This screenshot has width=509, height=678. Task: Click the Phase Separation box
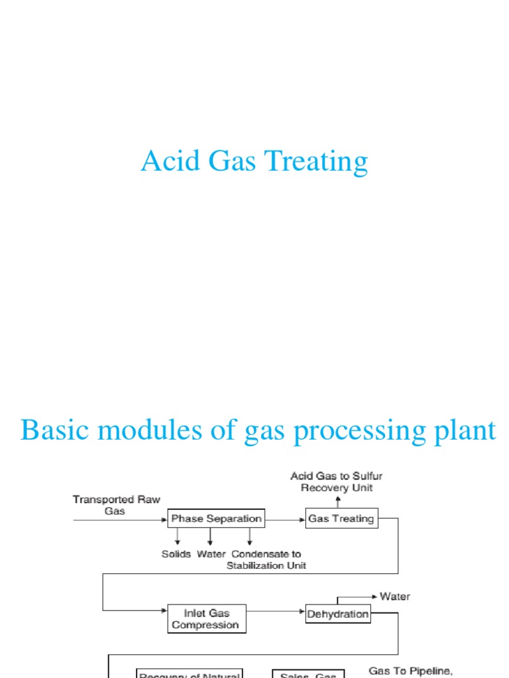(216, 518)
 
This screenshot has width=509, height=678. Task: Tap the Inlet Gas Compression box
(205, 619)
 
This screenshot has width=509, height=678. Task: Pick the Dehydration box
(338, 614)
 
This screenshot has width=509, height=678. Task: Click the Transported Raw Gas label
(117, 505)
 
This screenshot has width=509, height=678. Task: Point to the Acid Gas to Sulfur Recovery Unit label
(337, 482)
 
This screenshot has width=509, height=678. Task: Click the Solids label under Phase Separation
(176, 554)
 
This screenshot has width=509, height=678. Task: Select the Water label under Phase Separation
(211, 554)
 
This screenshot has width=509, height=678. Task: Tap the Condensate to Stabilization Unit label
(266, 559)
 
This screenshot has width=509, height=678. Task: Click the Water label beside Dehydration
(395, 597)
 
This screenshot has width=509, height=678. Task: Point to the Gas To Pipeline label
(411, 671)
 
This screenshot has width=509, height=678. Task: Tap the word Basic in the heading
(54, 430)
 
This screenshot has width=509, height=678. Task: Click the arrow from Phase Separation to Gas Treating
(284, 519)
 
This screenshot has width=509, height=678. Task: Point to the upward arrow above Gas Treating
(338, 501)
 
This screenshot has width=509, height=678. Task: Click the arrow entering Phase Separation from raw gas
(119, 519)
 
